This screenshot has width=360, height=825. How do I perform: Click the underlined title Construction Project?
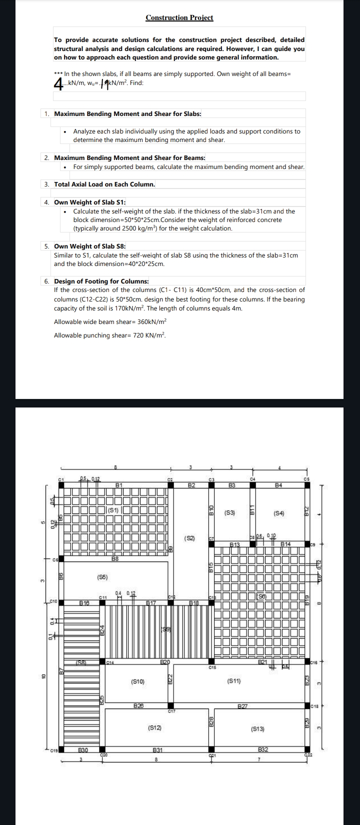(179, 17)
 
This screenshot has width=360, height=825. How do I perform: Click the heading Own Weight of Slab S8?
(90, 246)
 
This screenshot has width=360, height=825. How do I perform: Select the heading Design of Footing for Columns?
(101, 281)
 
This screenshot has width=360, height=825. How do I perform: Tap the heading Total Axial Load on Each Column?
(104, 184)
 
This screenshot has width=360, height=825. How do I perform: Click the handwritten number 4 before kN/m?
(59, 82)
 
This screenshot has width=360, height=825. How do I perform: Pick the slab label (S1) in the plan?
(113, 510)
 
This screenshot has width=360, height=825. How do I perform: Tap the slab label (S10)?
(137, 681)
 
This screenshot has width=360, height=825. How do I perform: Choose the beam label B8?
(115, 558)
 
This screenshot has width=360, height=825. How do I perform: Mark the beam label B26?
(139, 705)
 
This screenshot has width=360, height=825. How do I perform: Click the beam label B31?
(156, 749)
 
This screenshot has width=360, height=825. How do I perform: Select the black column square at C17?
(171, 706)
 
